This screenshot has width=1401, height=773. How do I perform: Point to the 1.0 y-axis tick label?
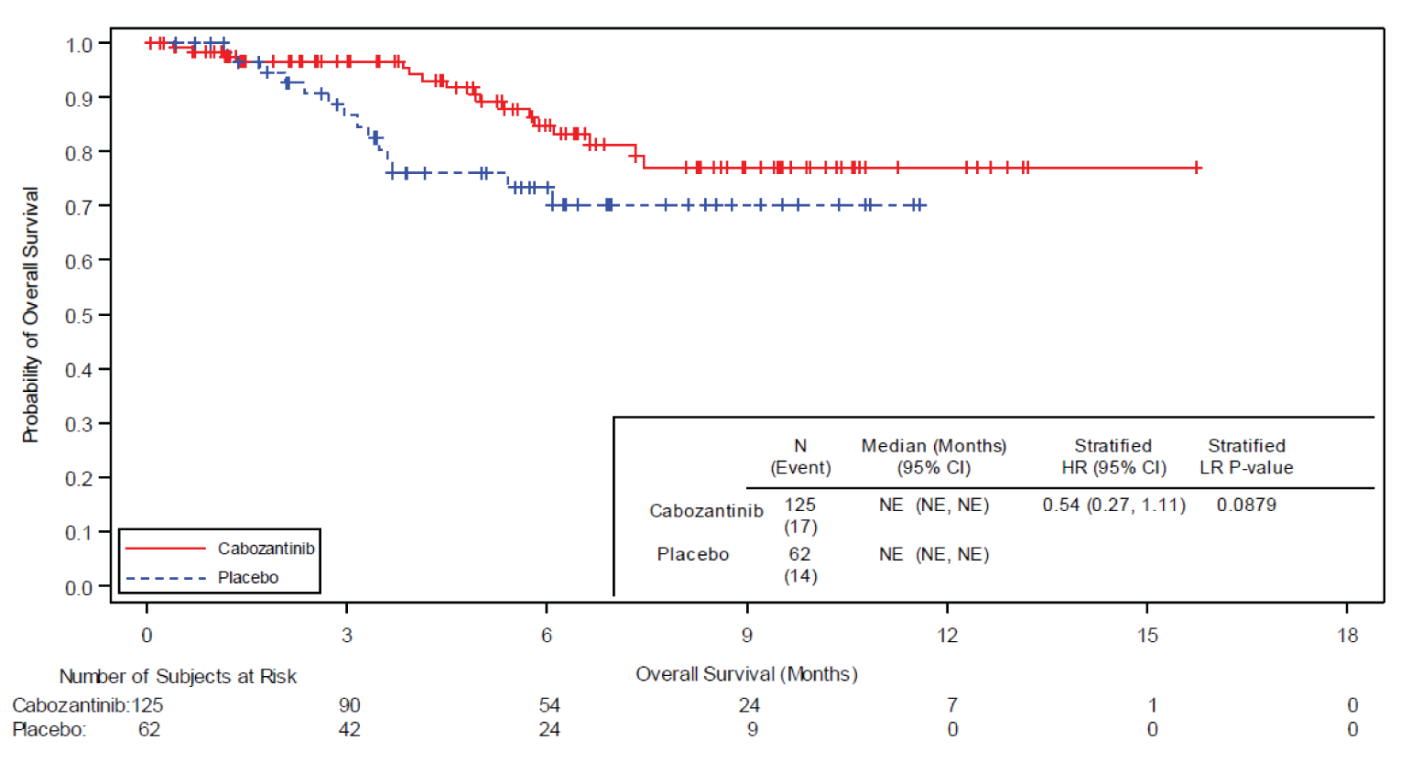click(x=79, y=45)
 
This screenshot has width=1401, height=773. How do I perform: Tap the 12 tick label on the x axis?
click(x=947, y=636)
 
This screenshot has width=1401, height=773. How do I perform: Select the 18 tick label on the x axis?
click(x=1347, y=636)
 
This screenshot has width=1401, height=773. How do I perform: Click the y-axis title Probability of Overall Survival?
click(x=31, y=315)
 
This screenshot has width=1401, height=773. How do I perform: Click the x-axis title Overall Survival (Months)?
click(x=746, y=674)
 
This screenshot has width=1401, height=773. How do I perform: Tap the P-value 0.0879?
click(x=1245, y=506)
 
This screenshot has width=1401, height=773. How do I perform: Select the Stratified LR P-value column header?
click(x=1246, y=457)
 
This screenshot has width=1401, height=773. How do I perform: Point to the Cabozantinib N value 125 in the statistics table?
click(x=799, y=506)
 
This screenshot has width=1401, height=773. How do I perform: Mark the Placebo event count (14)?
click(x=799, y=576)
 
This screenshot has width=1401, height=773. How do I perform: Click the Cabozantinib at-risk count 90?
click(x=349, y=705)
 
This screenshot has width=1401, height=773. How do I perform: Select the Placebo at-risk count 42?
click(x=349, y=730)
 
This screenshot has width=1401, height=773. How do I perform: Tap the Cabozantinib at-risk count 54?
click(x=548, y=705)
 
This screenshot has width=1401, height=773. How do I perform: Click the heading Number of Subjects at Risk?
click(x=178, y=677)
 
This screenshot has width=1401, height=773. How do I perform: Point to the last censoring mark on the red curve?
click(x=1197, y=168)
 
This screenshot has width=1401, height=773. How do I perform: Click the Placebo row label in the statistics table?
click(x=692, y=555)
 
